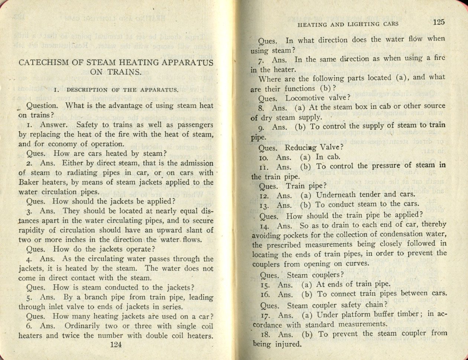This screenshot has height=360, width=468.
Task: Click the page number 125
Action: [x=439, y=22]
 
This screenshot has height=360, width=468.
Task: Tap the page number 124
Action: [x=116, y=344]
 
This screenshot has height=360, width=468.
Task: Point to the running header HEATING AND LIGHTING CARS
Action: [x=348, y=24]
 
